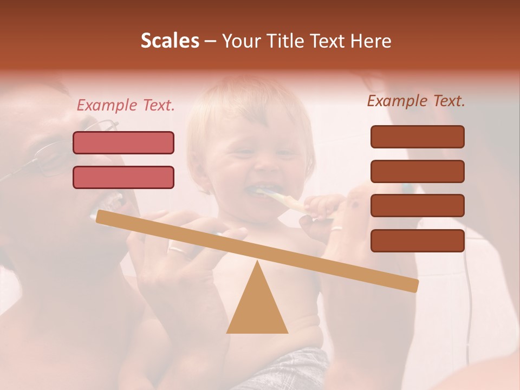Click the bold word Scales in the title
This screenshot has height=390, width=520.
[x=170, y=41]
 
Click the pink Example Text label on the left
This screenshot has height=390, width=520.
[x=126, y=106]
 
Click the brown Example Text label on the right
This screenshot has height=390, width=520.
[x=416, y=101]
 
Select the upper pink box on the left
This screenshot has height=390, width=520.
[x=123, y=142]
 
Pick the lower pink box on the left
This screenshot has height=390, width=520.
[x=123, y=177]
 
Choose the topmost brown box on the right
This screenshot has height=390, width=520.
[x=417, y=136]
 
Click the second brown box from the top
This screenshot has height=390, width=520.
[x=417, y=171]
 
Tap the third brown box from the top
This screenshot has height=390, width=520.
[x=417, y=206]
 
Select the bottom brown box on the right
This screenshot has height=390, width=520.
[x=417, y=240]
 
